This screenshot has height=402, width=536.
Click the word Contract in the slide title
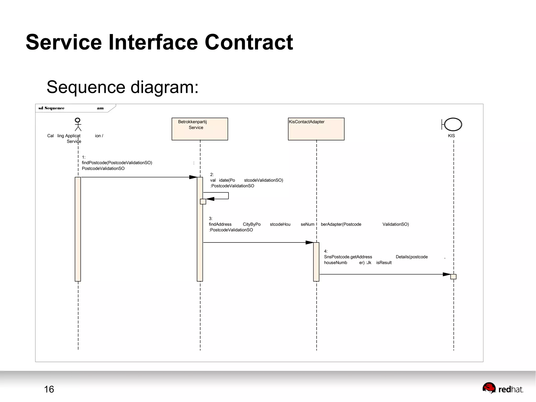coord(249,42)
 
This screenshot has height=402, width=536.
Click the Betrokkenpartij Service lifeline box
coord(200,129)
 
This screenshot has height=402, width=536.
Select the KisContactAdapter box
coord(316,129)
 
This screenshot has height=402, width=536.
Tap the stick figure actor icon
coord(78,124)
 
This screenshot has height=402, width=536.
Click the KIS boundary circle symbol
coord(453,124)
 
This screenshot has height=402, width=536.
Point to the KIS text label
coord(451,136)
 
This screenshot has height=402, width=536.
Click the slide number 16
coord(49,389)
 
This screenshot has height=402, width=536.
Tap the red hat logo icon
coord(489,388)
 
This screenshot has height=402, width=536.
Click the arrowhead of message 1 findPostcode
coord(193,177)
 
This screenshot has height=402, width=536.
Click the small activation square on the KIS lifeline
coord(453,277)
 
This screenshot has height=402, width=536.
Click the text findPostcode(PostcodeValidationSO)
coord(117,163)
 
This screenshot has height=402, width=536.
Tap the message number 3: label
coord(210,218)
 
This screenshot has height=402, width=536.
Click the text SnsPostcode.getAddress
coord(348,257)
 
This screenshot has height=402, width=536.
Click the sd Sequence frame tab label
coord(52,108)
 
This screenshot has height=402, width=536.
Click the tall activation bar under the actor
coord(78,229)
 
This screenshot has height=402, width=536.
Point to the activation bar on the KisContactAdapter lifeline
coord(316,262)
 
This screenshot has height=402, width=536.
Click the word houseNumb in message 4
coord(335,263)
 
